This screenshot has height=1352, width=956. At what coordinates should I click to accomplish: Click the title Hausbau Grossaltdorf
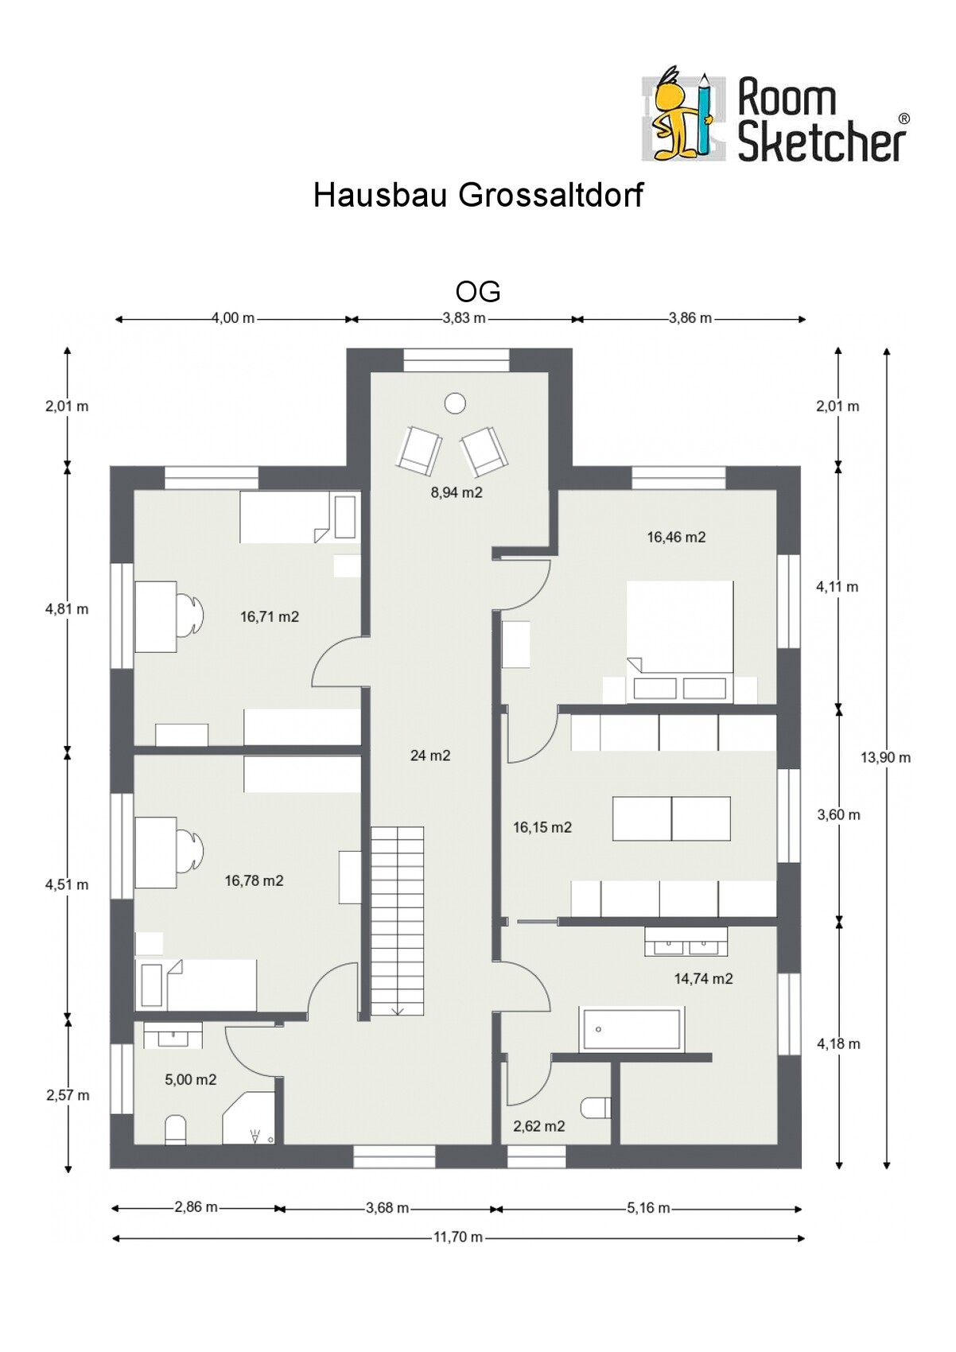pyautogui.click(x=478, y=196)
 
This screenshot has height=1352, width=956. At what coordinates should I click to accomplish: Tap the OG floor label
pyautogui.click(x=477, y=292)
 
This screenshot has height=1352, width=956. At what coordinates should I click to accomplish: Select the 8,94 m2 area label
pyautogui.click(x=457, y=492)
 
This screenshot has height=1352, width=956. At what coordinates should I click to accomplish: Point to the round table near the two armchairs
pyautogui.click(x=454, y=403)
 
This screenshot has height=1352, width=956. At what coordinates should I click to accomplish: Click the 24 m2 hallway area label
pyautogui.click(x=430, y=755)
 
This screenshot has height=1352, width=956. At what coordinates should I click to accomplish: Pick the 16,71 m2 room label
pyautogui.click(x=269, y=616)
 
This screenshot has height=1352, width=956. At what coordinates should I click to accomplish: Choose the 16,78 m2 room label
pyautogui.click(x=254, y=880)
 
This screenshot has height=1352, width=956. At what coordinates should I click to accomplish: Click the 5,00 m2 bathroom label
pyautogui.click(x=191, y=1080)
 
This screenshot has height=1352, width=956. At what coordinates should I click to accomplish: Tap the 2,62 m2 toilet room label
pyautogui.click(x=539, y=1126)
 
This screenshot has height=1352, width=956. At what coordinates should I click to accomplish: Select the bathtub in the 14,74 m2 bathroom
pyautogui.click(x=632, y=1029)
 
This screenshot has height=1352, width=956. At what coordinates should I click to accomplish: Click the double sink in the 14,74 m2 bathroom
pyautogui.click(x=686, y=942)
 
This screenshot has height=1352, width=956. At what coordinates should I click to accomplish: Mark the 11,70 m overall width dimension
pyautogui.click(x=458, y=1237)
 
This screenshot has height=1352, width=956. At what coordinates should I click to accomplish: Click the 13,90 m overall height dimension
pyautogui.click(x=886, y=757)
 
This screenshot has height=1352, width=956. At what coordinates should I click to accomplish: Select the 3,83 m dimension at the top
pyautogui.click(x=464, y=318)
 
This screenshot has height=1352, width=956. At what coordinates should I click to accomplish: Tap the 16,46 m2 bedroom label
pyautogui.click(x=676, y=537)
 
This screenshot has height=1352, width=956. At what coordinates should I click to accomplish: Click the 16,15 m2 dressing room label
pyautogui.click(x=542, y=827)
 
